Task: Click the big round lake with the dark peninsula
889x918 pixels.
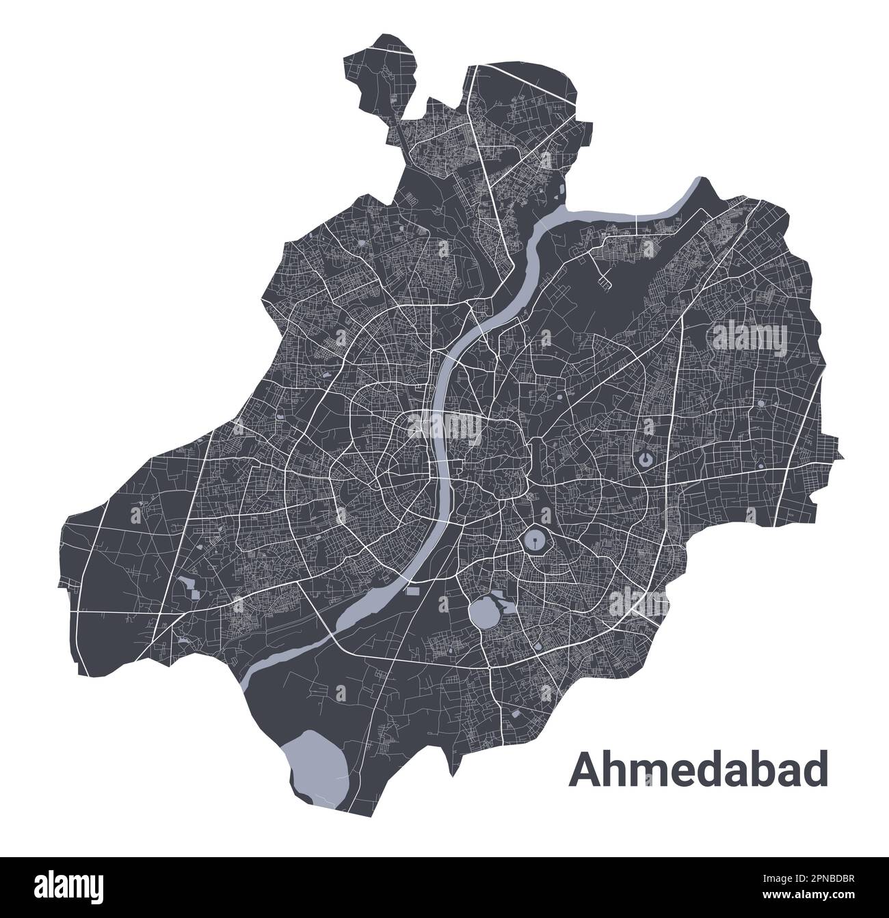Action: coord(484,612)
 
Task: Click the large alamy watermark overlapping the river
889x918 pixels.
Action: coord(444,428)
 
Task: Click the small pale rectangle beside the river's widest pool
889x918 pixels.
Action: coord(413,589)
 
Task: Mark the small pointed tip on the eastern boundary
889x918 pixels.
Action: coord(842,457)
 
